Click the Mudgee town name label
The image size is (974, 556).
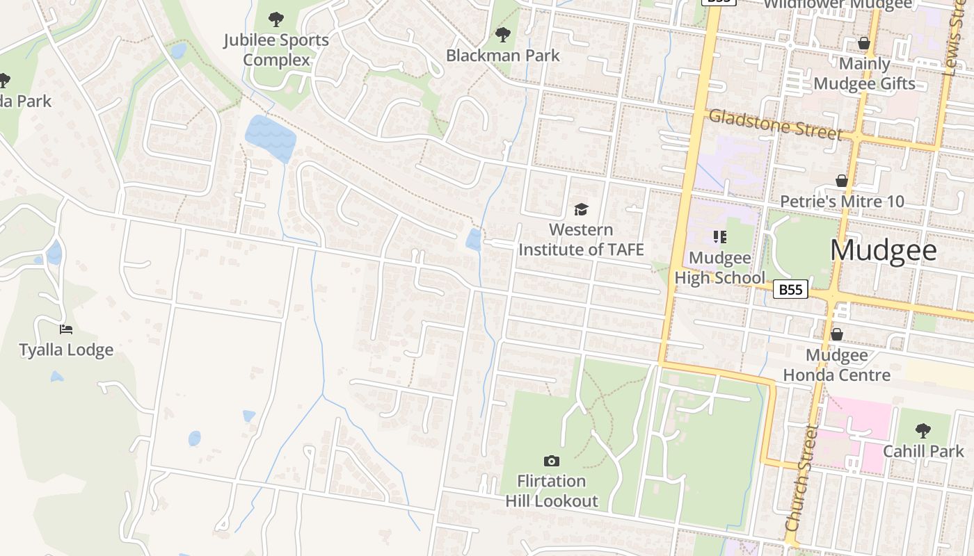[883, 250]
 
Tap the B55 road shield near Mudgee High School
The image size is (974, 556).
[790, 289]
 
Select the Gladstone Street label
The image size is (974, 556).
[775, 125]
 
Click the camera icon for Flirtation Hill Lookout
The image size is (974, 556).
[552, 461]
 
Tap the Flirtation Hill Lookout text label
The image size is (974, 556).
[552, 491]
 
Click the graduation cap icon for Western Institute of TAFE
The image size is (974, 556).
[581, 209]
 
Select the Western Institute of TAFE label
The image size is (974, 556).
[581, 239]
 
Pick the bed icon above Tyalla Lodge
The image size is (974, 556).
[66, 329]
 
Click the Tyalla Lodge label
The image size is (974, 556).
[66, 350]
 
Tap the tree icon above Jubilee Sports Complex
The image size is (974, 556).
[276, 19]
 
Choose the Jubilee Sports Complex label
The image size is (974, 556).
[276, 50]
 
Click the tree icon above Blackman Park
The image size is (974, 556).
[502, 34]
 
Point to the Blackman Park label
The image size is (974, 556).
[502, 56]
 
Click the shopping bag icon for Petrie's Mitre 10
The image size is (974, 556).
[842, 181]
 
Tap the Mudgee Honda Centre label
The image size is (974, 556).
[836, 365]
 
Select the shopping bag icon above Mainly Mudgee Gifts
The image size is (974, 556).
[864, 43]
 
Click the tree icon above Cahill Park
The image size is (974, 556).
[923, 430]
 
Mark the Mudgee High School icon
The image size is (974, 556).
[719, 238]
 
